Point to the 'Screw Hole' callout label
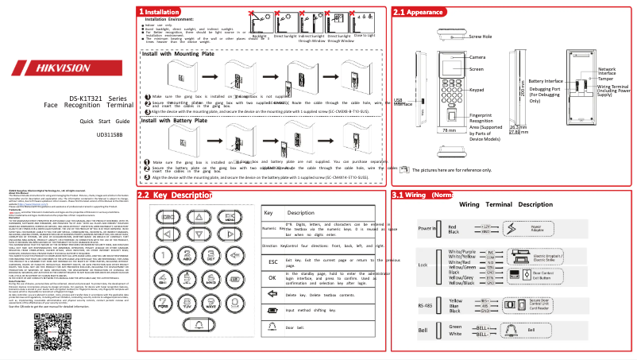481,37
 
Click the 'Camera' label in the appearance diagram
477,57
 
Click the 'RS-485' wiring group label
427,304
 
